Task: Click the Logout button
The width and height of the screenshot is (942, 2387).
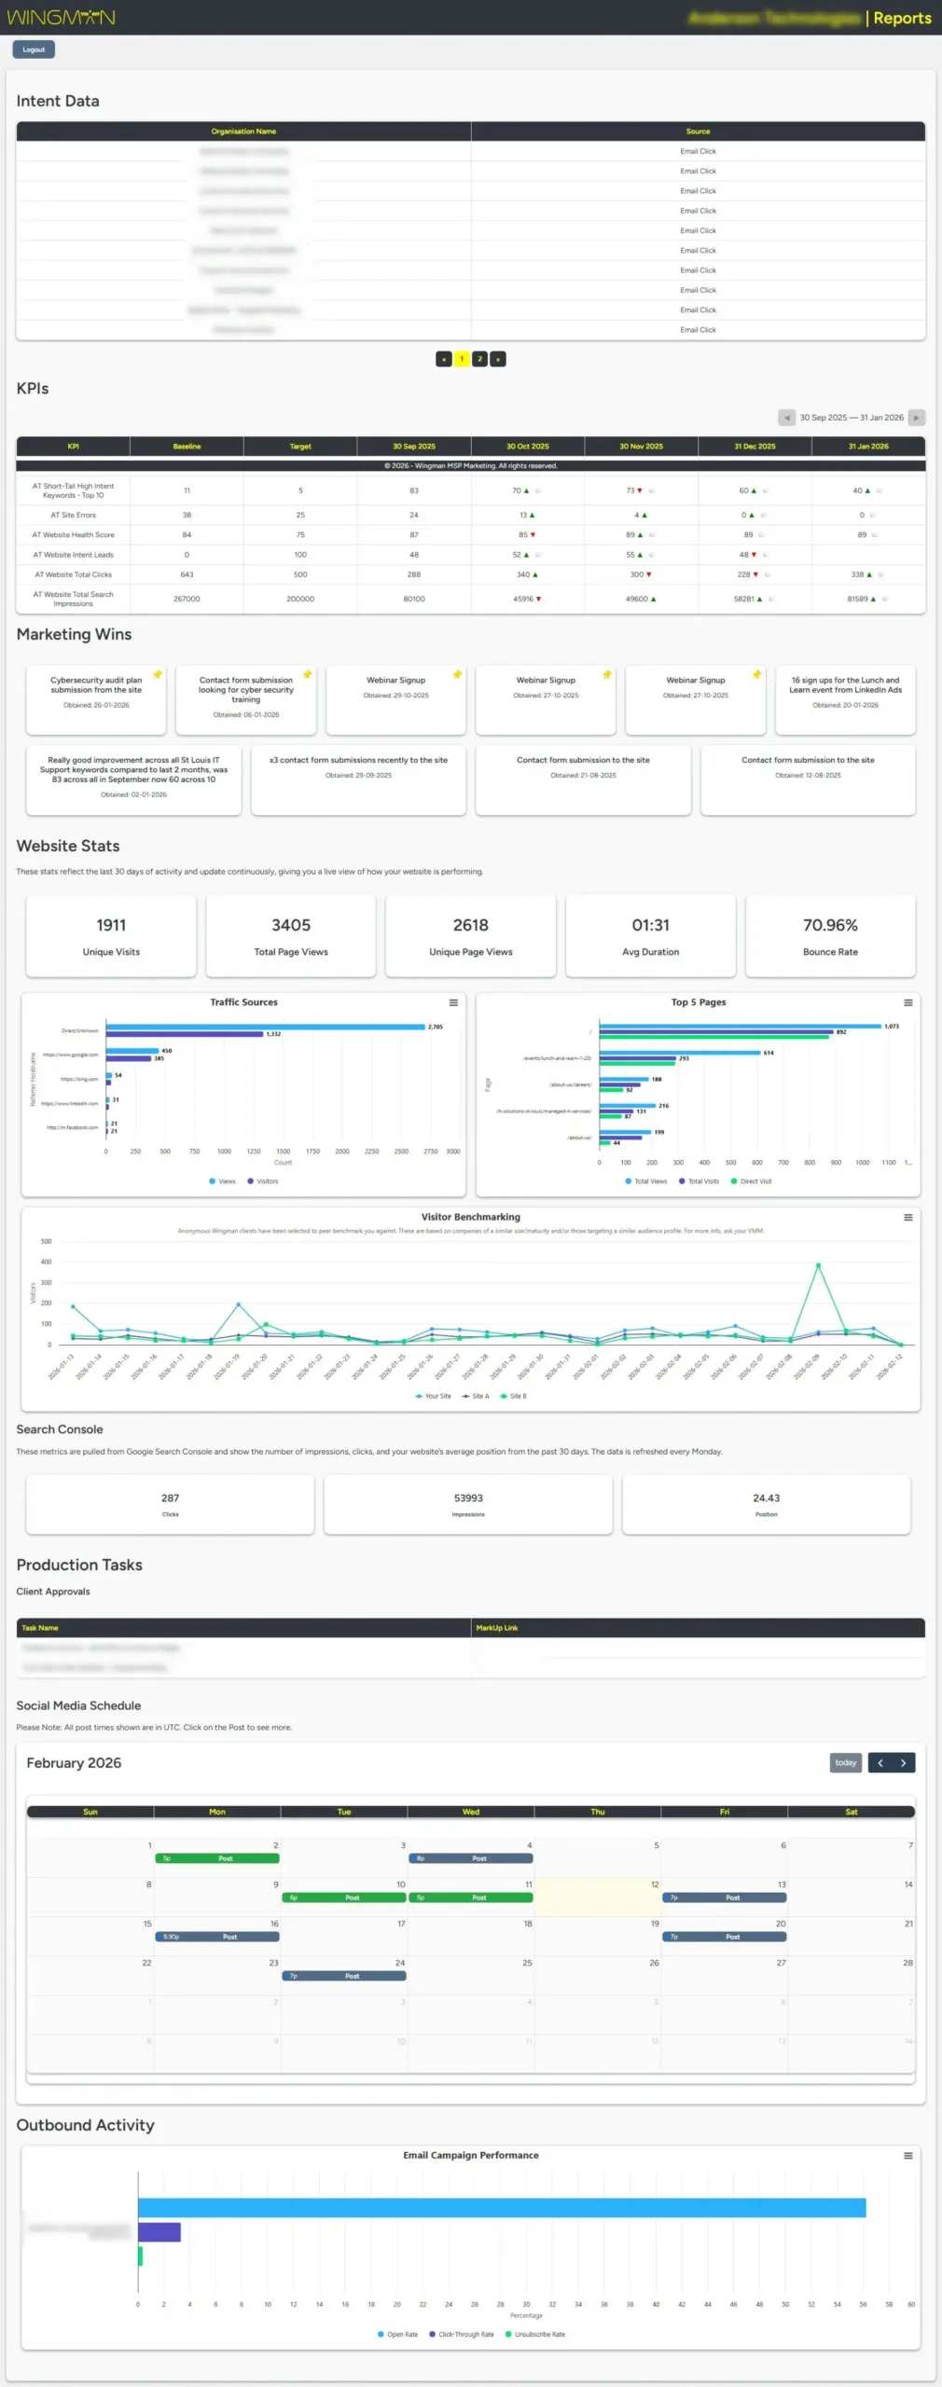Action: (x=34, y=49)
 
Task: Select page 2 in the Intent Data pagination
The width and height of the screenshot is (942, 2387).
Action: (x=479, y=359)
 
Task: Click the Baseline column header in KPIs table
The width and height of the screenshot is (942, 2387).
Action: (x=187, y=447)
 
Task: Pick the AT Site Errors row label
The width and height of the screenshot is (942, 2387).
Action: (x=73, y=515)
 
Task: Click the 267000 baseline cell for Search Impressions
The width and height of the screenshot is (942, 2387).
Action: (x=187, y=599)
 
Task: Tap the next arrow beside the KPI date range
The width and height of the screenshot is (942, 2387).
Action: (x=916, y=418)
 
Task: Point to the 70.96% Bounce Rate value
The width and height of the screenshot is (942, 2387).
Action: (x=830, y=925)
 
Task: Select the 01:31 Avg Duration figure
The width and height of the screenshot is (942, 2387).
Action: (x=650, y=925)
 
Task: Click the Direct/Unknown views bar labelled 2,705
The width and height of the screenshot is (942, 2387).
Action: (x=265, y=1027)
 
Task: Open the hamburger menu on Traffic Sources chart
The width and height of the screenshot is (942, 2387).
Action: (x=453, y=1002)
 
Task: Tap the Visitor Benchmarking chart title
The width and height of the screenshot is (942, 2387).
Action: (x=470, y=1217)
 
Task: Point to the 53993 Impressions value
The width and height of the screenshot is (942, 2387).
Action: (x=468, y=1498)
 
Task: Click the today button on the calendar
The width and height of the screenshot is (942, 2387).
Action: (x=845, y=1762)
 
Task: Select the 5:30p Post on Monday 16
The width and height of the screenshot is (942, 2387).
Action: (x=217, y=1937)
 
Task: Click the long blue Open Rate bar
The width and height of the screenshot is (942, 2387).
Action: (x=502, y=2208)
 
